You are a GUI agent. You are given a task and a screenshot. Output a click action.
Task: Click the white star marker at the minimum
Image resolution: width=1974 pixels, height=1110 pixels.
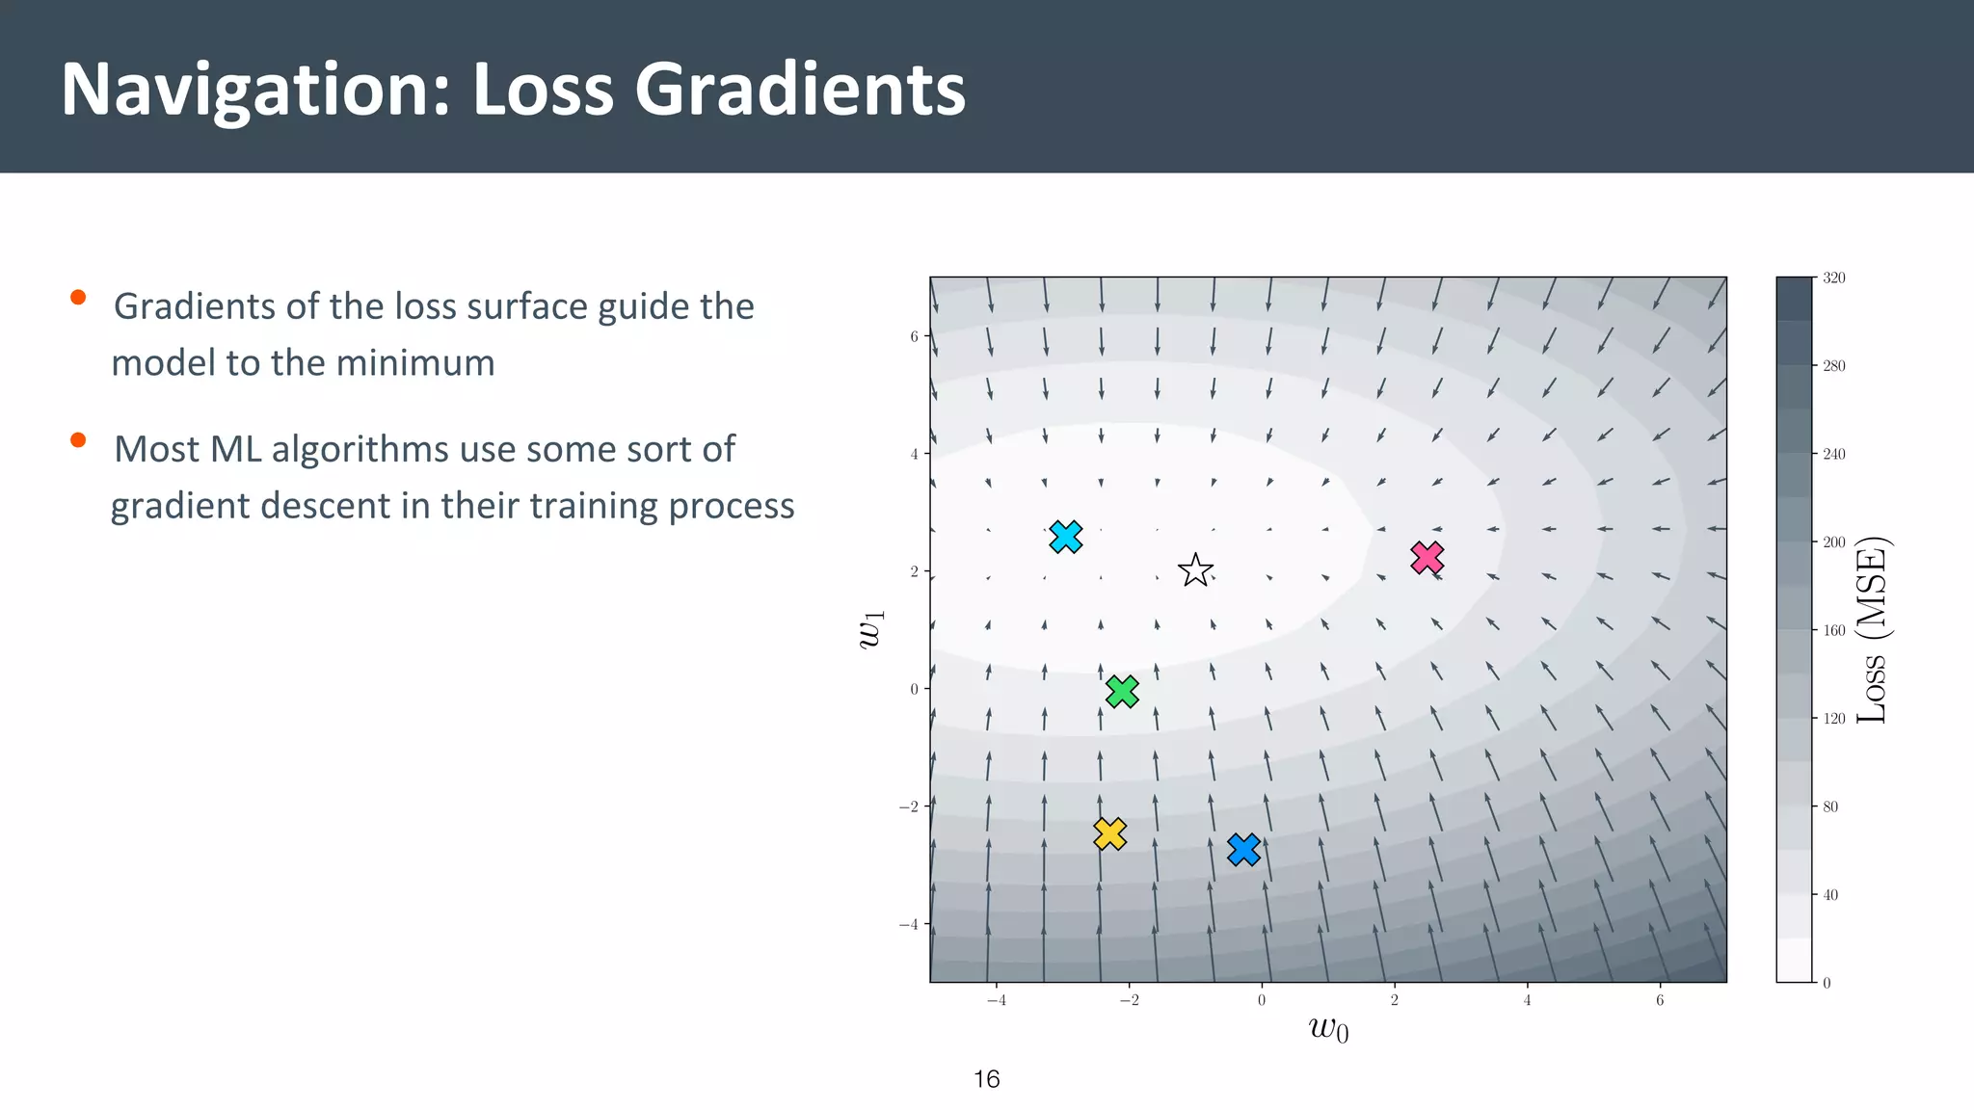[x=1195, y=570]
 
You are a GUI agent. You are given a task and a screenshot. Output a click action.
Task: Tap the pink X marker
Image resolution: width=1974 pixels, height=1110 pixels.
[x=1427, y=558]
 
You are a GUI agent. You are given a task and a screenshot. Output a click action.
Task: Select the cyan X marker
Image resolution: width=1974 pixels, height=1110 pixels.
[x=1065, y=537]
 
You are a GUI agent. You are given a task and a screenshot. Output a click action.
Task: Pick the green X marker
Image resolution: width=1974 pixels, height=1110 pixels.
[x=1122, y=691]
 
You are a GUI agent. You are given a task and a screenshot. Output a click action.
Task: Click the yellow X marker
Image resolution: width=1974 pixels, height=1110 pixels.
[x=1109, y=833]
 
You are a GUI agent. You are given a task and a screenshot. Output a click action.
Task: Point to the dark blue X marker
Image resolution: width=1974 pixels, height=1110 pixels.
[x=1243, y=849]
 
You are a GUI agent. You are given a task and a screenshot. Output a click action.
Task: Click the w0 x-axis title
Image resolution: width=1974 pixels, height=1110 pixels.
[x=1328, y=1029]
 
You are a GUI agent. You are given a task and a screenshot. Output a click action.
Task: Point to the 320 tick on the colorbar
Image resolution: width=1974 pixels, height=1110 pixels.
[x=1833, y=278]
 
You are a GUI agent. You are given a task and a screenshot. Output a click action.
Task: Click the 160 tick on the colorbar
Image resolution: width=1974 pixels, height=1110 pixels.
[x=1833, y=630]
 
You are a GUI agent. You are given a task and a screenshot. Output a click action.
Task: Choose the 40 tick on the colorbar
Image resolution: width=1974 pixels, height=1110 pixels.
[x=1830, y=895]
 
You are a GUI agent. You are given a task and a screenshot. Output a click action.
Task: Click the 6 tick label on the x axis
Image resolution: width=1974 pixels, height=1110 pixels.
[x=1660, y=1001]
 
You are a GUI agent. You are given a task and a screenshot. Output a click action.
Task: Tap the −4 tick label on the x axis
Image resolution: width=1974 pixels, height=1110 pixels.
[x=996, y=1001]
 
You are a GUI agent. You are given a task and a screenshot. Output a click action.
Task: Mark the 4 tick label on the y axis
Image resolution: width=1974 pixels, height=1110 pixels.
[x=914, y=454]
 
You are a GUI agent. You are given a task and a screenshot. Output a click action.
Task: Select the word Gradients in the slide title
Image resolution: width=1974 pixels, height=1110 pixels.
[x=799, y=90]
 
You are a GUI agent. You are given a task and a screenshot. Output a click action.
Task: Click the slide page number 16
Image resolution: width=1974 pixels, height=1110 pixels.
[x=986, y=1079]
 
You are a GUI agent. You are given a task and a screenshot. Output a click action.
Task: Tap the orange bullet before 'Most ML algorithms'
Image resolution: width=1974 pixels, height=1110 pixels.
[x=78, y=441]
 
